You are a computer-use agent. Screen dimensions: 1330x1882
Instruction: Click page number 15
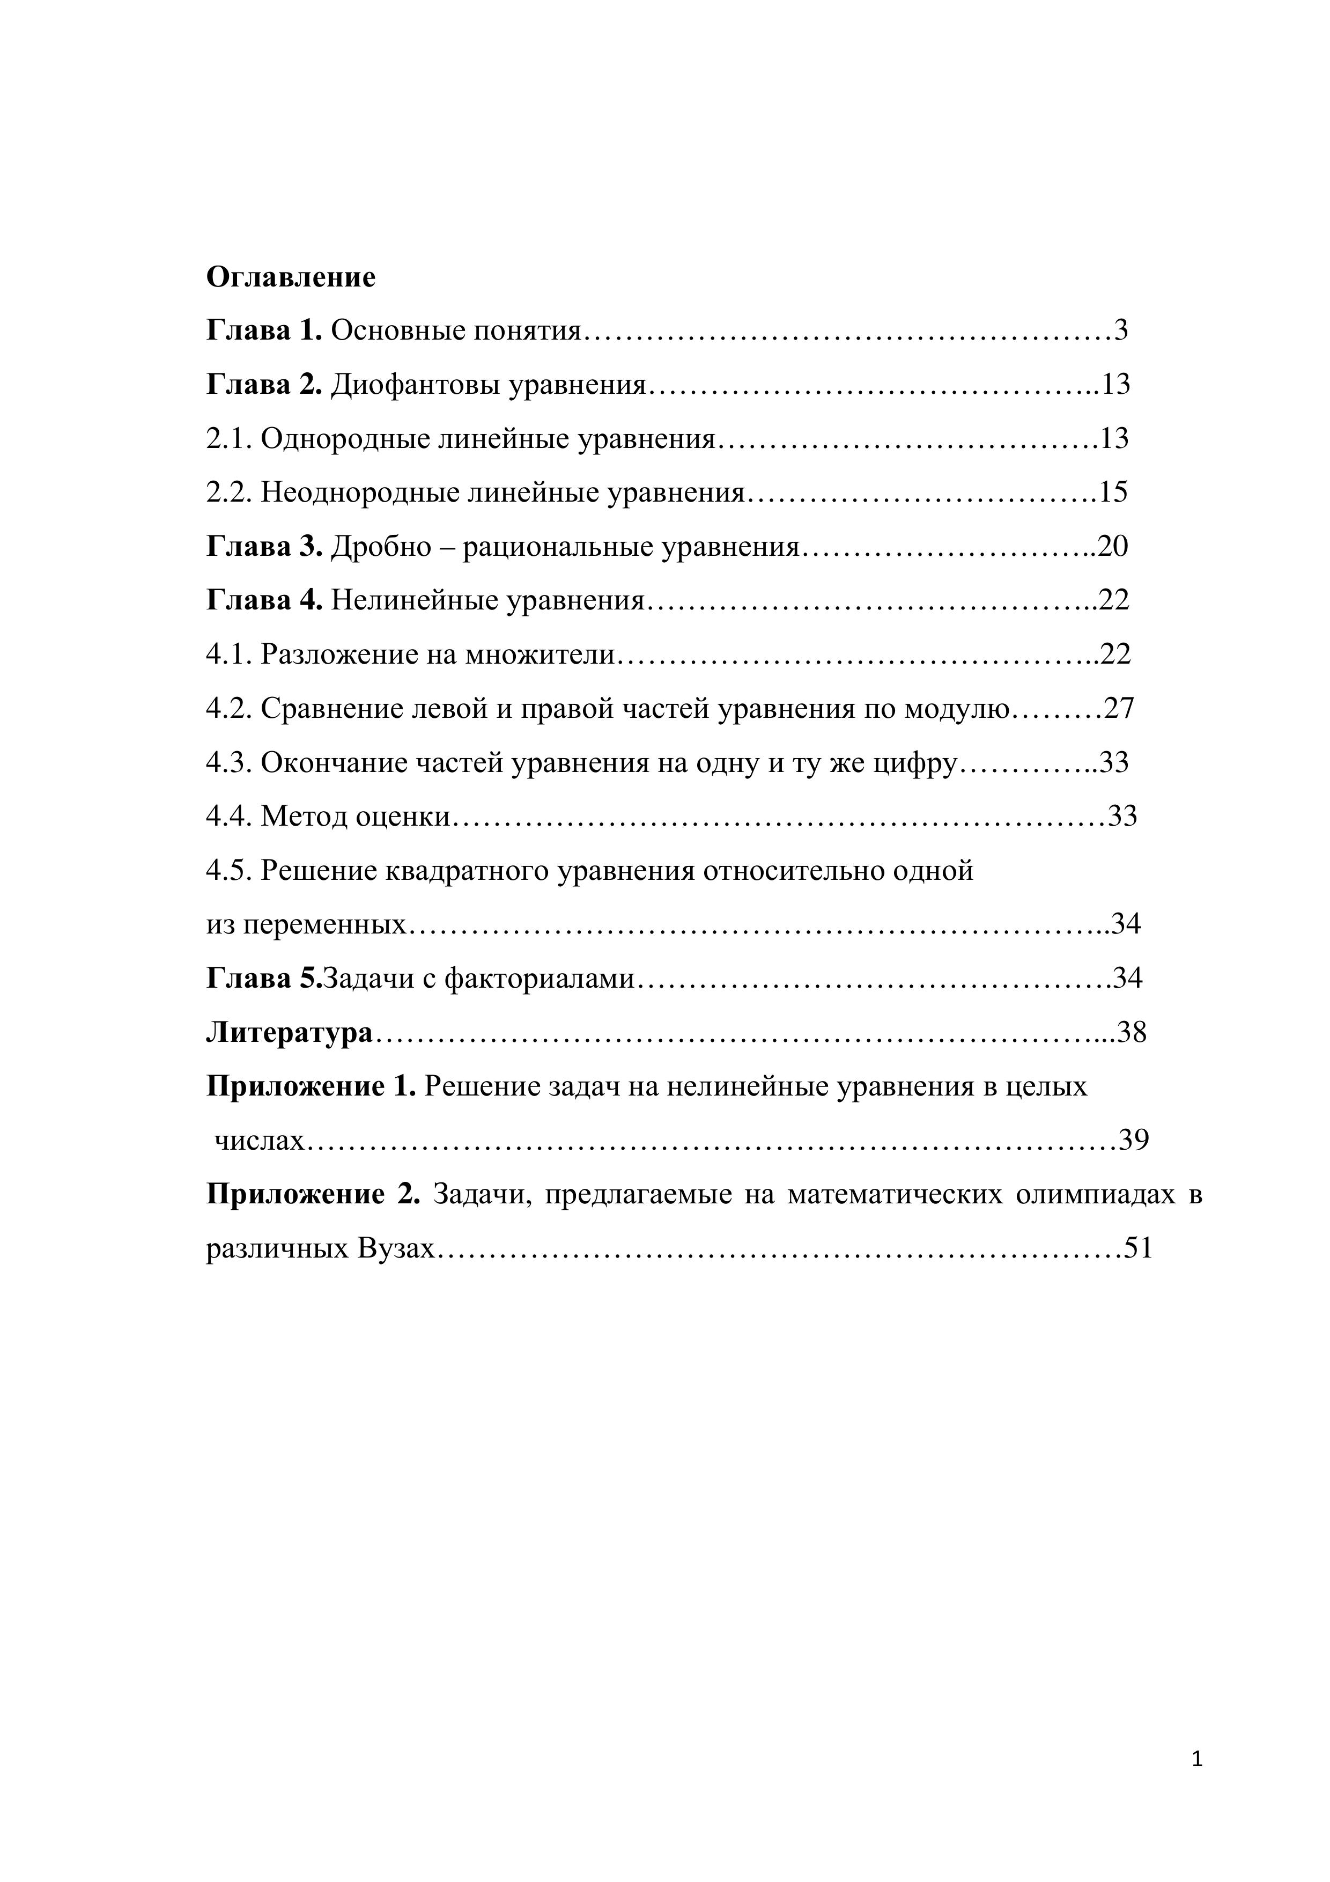tap(1113, 492)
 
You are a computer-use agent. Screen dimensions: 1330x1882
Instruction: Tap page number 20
tap(1113, 547)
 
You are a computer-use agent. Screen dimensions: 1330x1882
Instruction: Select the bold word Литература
tap(289, 1033)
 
